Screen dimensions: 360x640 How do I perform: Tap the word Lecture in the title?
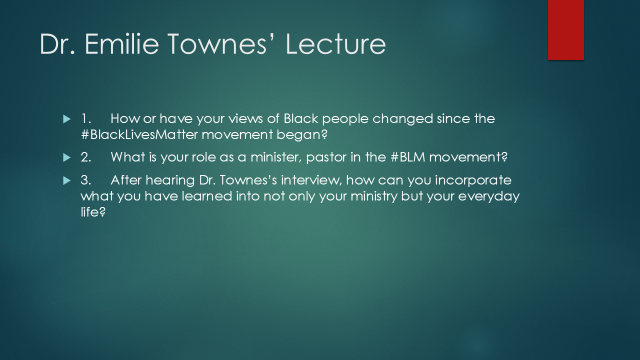335,44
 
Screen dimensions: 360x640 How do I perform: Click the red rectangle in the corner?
565,30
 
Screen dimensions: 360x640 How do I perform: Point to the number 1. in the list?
85,119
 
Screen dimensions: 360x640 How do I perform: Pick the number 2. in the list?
86,157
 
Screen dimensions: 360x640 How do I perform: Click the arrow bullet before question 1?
67,119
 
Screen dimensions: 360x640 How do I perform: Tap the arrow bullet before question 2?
67,157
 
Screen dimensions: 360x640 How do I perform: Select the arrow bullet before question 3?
67,179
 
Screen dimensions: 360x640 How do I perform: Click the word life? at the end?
93,212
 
